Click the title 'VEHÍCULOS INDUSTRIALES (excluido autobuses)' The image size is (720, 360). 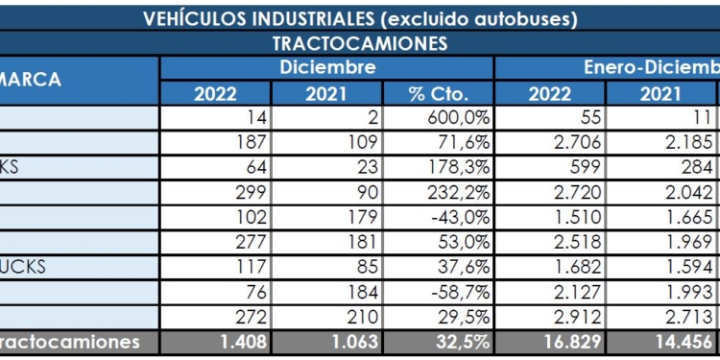[360, 18]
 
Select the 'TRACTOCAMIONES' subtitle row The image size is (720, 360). [360, 43]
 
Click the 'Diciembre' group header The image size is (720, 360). [326, 67]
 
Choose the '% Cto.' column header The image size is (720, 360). [438, 93]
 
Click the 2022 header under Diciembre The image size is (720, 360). [216, 93]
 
